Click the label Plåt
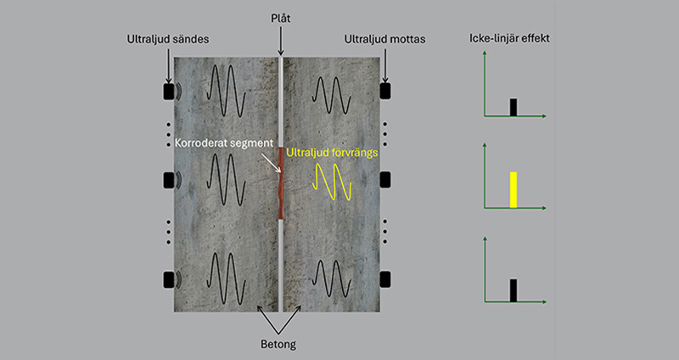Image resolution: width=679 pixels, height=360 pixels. click(281, 18)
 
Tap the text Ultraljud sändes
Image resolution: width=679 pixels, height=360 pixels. click(167, 39)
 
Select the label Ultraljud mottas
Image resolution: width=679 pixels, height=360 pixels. click(384, 39)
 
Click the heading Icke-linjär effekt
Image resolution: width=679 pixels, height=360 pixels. click(510, 38)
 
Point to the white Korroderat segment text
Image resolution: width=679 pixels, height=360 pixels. click(224, 143)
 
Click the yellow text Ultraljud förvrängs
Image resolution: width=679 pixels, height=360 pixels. click(332, 153)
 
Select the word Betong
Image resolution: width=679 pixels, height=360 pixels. click(278, 345)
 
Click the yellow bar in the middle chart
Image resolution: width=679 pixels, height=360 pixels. click(513, 189)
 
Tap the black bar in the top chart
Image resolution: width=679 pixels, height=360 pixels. click(513, 107)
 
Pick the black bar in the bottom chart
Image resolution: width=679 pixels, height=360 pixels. click(513, 290)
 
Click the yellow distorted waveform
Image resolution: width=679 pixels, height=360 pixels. click(332, 182)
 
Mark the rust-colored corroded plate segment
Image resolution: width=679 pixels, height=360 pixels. click(281, 183)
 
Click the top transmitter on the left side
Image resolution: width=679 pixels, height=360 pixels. click(168, 92)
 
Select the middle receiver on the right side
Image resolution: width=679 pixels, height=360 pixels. click(385, 180)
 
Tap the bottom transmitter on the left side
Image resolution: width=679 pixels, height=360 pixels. click(168, 279)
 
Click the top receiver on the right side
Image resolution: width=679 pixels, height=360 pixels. click(385, 91)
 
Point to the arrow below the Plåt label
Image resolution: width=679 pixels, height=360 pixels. click(281, 40)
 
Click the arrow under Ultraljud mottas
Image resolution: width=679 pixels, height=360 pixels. click(385, 65)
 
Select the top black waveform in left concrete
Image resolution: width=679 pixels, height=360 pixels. click(226, 91)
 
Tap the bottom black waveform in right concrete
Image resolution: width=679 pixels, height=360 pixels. click(332, 279)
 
